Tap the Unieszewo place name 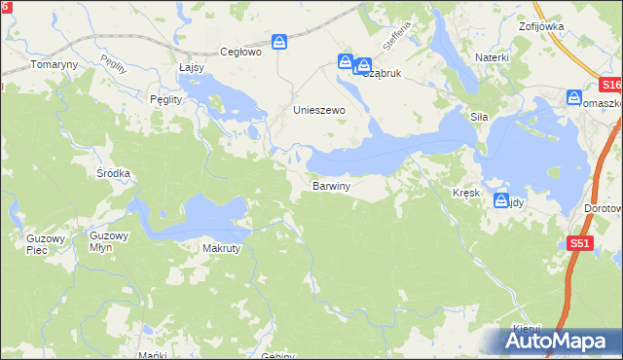click(x=320, y=111)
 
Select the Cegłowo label click(x=241, y=53)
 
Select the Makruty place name click(x=221, y=248)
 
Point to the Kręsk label click(x=466, y=193)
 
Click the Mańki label click(x=148, y=355)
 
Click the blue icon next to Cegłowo click(x=279, y=43)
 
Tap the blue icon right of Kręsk click(x=501, y=202)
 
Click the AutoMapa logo click(x=559, y=342)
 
